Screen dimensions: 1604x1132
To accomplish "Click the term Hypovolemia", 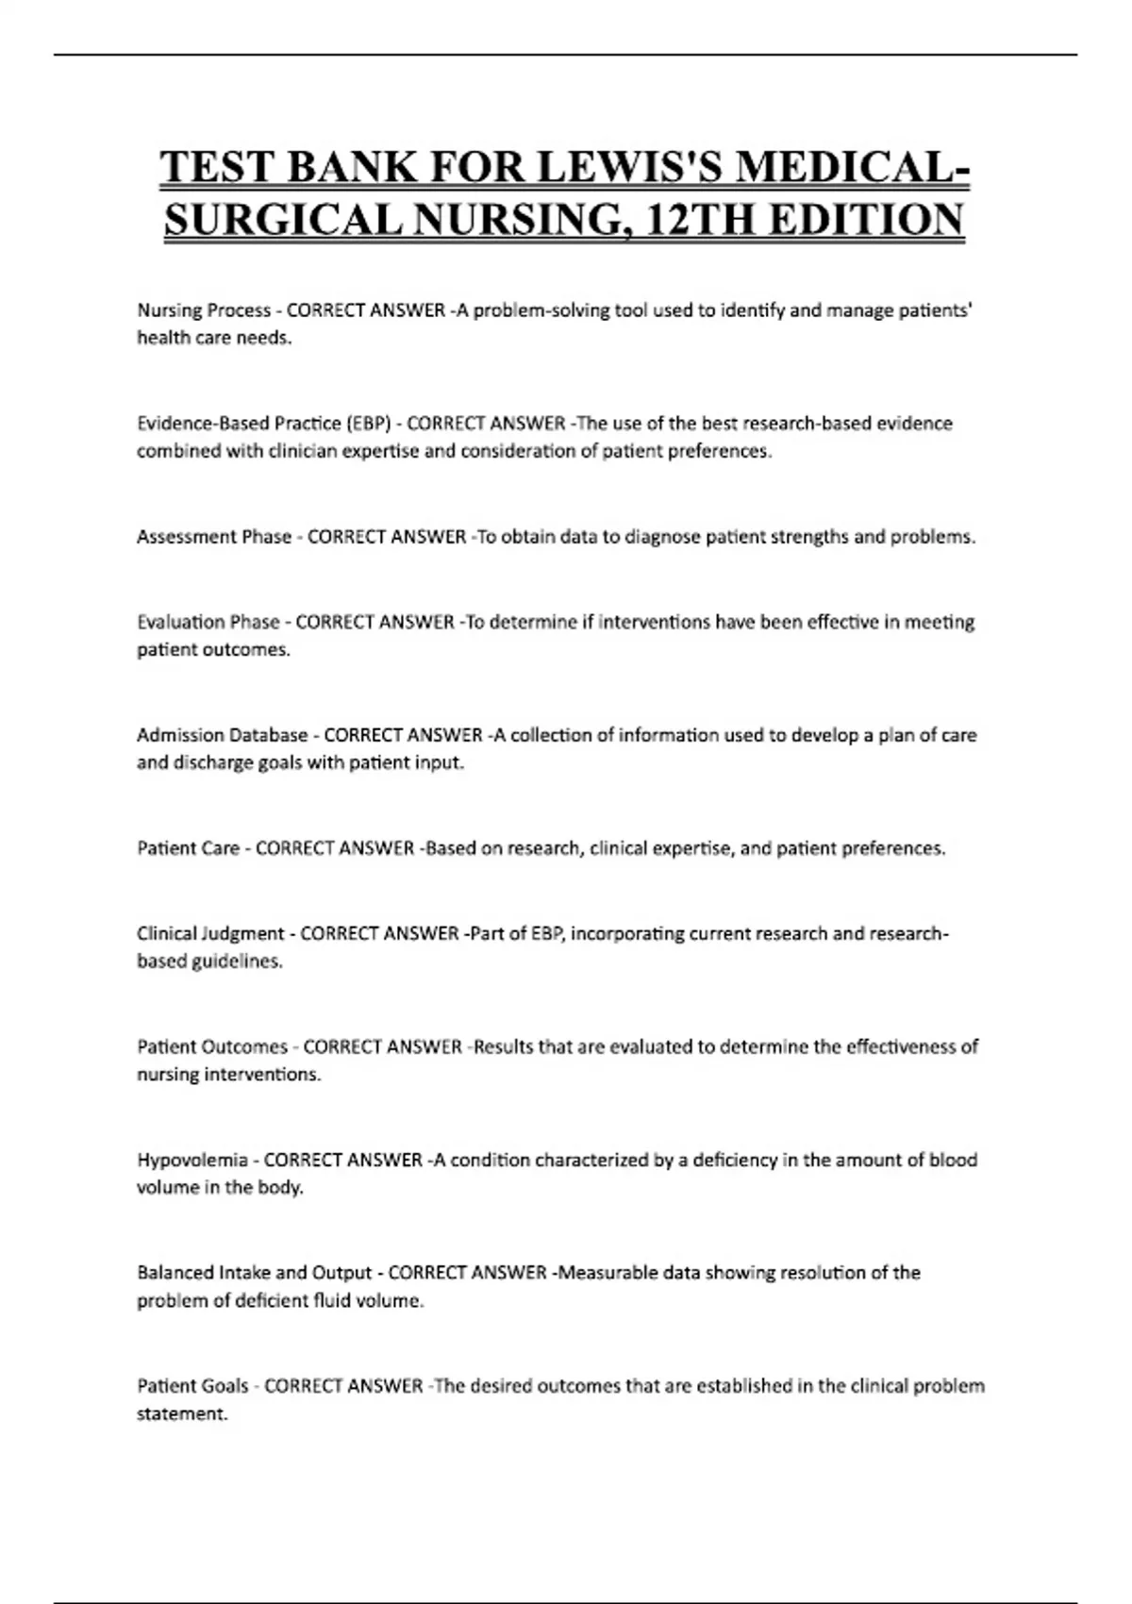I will tap(192, 1160).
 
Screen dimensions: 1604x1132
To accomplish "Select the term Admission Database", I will tap(222, 735).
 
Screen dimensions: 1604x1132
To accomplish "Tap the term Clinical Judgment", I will tap(210, 933).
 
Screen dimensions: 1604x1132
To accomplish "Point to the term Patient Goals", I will tap(192, 1386).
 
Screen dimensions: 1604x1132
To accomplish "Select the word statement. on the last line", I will tap(183, 1414).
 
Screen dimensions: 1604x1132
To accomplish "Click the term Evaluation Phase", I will tap(208, 622).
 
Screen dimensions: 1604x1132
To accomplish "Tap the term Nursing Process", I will tap(204, 310).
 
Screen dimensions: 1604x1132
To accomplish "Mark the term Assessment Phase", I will tap(214, 537).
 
